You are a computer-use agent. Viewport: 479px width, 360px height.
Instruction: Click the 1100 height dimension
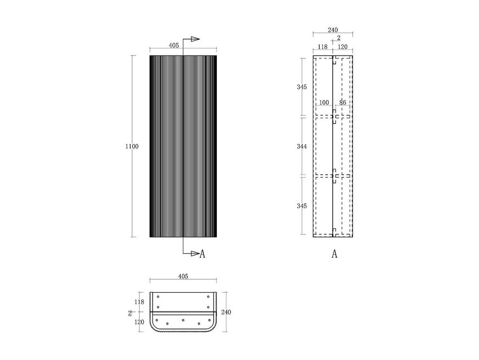pyautogui.click(x=132, y=146)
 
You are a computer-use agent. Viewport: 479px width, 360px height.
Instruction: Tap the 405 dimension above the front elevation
pyautogui.click(x=174, y=46)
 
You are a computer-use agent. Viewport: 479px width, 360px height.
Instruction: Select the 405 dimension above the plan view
pyautogui.click(x=183, y=276)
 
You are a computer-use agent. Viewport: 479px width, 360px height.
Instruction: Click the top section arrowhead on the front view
pyautogui.click(x=195, y=39)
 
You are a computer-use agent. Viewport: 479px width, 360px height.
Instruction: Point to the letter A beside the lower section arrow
pyautogui.click(x=202, y=254)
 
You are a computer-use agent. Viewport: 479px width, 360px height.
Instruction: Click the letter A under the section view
pyautogui.click(x=335, y=254)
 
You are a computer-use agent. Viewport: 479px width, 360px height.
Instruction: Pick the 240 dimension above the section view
pyautogui.click(x=333, y=30)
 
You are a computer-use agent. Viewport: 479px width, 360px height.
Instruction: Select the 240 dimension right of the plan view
pyautogui.click(x=226, y=312)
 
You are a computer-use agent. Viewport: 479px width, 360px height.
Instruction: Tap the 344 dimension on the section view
pyautogui.click(x=302, y=146)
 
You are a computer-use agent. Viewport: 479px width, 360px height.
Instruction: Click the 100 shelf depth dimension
pyautogui.click(x=324, y=102)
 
